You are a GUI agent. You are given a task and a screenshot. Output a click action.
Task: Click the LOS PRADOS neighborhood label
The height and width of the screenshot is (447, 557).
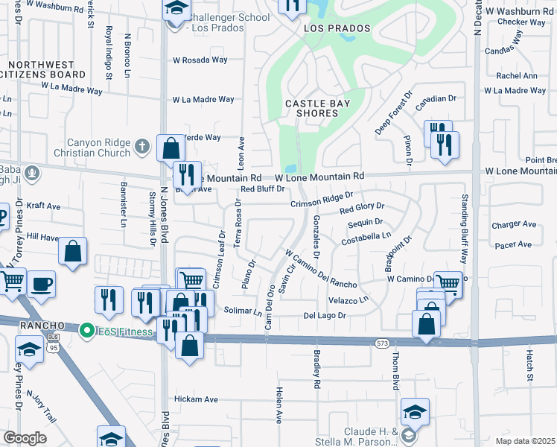[337, 28]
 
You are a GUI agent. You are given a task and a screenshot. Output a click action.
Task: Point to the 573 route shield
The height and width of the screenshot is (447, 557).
[383, 342]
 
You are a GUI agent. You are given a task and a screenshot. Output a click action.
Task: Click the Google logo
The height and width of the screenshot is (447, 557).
[24, 437]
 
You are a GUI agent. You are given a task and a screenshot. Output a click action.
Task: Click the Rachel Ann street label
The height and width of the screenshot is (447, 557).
[516, 76]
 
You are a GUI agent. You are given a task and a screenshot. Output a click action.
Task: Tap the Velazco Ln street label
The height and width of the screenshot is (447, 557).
[348, 299]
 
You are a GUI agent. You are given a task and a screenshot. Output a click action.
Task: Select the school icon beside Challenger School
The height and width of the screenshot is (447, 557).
[175, 10]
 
